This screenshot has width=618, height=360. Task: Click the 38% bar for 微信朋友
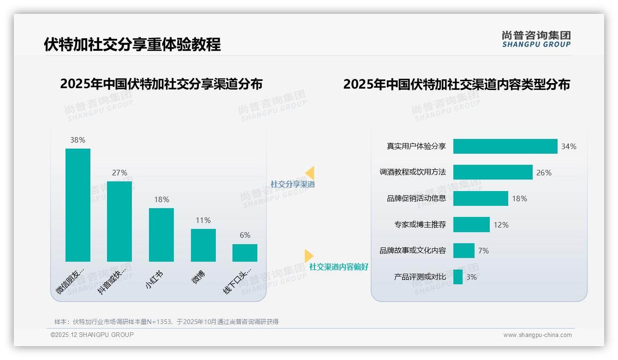(78, 205)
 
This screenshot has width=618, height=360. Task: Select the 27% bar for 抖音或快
(119, 222)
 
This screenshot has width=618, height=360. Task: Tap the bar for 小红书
(161, 235)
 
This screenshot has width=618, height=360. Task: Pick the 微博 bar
(203, 245)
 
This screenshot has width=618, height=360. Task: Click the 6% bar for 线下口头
(245, 253)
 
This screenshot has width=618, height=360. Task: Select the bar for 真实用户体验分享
(505, 146)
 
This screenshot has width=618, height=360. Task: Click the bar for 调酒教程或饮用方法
(493, 172)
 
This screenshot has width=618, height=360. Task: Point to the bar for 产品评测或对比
(458, 277)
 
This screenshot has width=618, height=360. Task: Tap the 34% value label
(569, 146)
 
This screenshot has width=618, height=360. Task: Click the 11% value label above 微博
(203, 220)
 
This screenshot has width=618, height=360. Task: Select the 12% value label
(501, 225)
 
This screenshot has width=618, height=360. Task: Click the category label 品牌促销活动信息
(416, 198)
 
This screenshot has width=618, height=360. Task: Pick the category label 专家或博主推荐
(420, 225)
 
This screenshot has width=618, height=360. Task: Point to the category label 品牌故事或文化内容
(412, 251)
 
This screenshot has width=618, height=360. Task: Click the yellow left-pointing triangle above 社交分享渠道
(309, 173)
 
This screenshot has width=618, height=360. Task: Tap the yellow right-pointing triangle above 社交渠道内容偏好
(309, 256)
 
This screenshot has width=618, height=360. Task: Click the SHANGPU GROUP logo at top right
(536, 39)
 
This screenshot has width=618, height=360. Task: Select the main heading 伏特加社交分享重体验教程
(132, 44)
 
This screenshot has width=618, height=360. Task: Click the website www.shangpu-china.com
(537, 335)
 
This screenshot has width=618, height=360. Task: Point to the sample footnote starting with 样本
(166, 322)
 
